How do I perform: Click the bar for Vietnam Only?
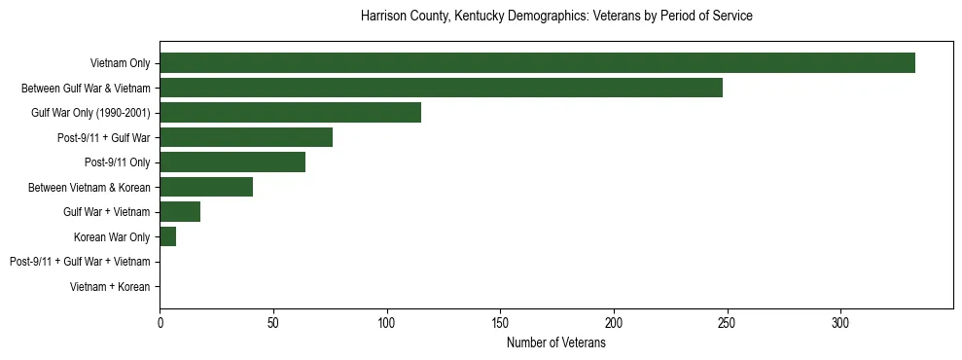click(537, 63)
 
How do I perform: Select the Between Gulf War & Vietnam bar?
click(441, 88)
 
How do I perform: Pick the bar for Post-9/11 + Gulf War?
click(246, 137)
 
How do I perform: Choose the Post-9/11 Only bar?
click(232, 162)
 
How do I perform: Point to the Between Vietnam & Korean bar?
click(206, 187)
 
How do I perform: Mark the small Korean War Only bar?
click(167, 237)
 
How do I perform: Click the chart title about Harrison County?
click(555, 17)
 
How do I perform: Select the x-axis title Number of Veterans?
click(555, 343)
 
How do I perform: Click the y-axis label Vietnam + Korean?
click(110, 287)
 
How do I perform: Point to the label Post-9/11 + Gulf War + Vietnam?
click(80, 262)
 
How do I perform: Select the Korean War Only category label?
click(112, 237)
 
